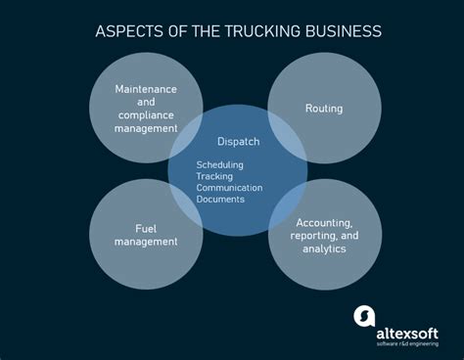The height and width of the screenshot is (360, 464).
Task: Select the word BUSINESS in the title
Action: click(332, 31)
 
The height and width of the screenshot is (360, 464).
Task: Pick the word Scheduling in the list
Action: click(219, 164)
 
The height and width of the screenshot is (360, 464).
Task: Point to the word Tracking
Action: click(214, 176)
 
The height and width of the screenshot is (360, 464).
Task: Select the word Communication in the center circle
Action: click(228, 188)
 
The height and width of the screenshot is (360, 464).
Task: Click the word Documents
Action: click(220, 200)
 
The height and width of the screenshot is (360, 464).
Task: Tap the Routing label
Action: click(324, 109)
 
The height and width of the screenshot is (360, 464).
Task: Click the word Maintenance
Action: click(146, 89)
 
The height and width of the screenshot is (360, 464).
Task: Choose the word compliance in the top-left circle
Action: click(146, 114)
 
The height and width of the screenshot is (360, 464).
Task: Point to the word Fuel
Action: click(146, 228)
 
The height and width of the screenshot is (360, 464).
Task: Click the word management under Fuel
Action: click(146, 241)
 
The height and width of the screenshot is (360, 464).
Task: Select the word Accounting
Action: click(324, 222)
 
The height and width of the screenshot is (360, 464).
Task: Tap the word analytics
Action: click(324, 247)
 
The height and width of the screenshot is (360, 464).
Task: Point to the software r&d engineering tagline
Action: click(408, 331)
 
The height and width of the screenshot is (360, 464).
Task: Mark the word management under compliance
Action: click(146, 127)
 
